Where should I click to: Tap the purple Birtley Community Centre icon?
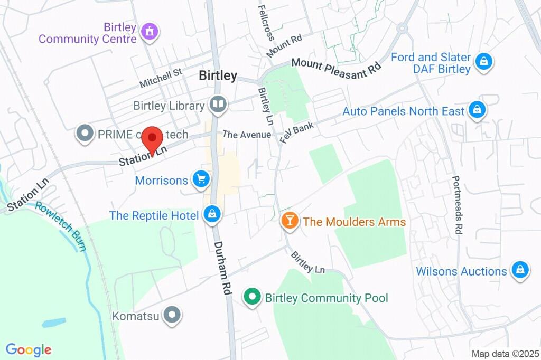click(x=150, y=32)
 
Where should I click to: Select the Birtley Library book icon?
click(x=218, y=105)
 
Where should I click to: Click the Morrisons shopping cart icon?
click(x=201, y=179)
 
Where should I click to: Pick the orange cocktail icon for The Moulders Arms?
click(x=290, y=220)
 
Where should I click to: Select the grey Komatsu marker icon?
click(x=172, y=316)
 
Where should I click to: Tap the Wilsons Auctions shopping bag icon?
click(x=520, y=270)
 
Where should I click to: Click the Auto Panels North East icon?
click(x=477, y=110)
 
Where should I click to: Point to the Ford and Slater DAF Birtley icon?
click(x=483, y=62)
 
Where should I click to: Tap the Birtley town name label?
click(x=218, y=75)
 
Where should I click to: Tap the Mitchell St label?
click(x=161, y=78)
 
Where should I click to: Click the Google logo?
click(x=29, y=349)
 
